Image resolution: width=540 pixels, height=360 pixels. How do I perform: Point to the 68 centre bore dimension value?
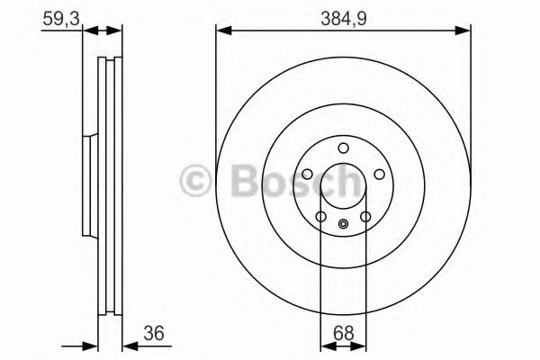pyautogui.click(x=342, y=332)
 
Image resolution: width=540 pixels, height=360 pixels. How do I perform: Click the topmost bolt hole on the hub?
pyautogui.click(x=343, y=149)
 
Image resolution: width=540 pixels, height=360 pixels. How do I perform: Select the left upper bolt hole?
pyautogui.click(x=306, y=175)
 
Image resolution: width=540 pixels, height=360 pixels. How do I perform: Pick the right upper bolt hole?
pyautogui.click(x=379, y=175)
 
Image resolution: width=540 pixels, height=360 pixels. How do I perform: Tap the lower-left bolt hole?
pyautogui.click(x=320, y=217)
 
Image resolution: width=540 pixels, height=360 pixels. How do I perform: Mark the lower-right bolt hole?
pyautogui.click(x=365, y=217)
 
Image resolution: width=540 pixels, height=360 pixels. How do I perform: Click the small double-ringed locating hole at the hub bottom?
pyautogui.click(x=343, y=225)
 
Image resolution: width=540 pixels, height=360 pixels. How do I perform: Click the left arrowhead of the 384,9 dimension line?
pyautogui.click(x=221, y=31)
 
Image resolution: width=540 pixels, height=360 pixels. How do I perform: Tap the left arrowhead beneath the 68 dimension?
pyautogui.click(x=327, y=345)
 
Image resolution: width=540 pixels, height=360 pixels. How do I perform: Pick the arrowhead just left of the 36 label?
pyautogui.click(x=127, y=345)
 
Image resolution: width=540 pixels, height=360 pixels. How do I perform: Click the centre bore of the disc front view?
pyautogui.click(x=343, y=186)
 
